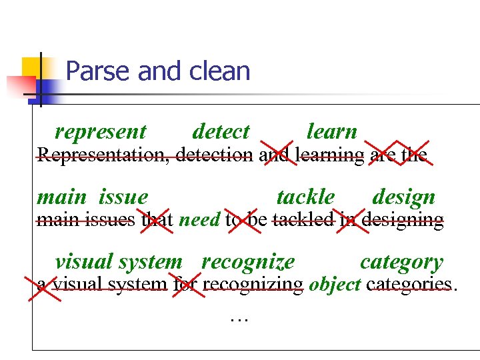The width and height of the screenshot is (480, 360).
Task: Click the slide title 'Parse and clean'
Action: (x=158, y=71)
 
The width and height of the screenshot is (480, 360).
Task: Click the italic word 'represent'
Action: (x=100, y=132)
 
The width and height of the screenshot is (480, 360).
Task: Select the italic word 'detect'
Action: (x=220, y=132)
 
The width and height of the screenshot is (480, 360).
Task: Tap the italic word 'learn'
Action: (x=331, y=132)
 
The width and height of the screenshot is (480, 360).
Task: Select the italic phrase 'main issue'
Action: (x=92, y=197)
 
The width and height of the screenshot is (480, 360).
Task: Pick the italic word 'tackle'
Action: (x=305, y=197)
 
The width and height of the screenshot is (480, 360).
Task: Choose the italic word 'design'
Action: (x=403, y=197)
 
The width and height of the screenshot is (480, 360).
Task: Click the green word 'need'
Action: (x=200, y=220)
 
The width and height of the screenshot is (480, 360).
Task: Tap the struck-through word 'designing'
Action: (x=403, y=220)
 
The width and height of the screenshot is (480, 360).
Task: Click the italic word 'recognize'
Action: (x=248, y=262)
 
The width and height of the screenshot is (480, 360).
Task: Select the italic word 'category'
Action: (x=401, y=262)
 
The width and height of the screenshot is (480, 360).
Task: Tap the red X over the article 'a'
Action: (x=42, y=285)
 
